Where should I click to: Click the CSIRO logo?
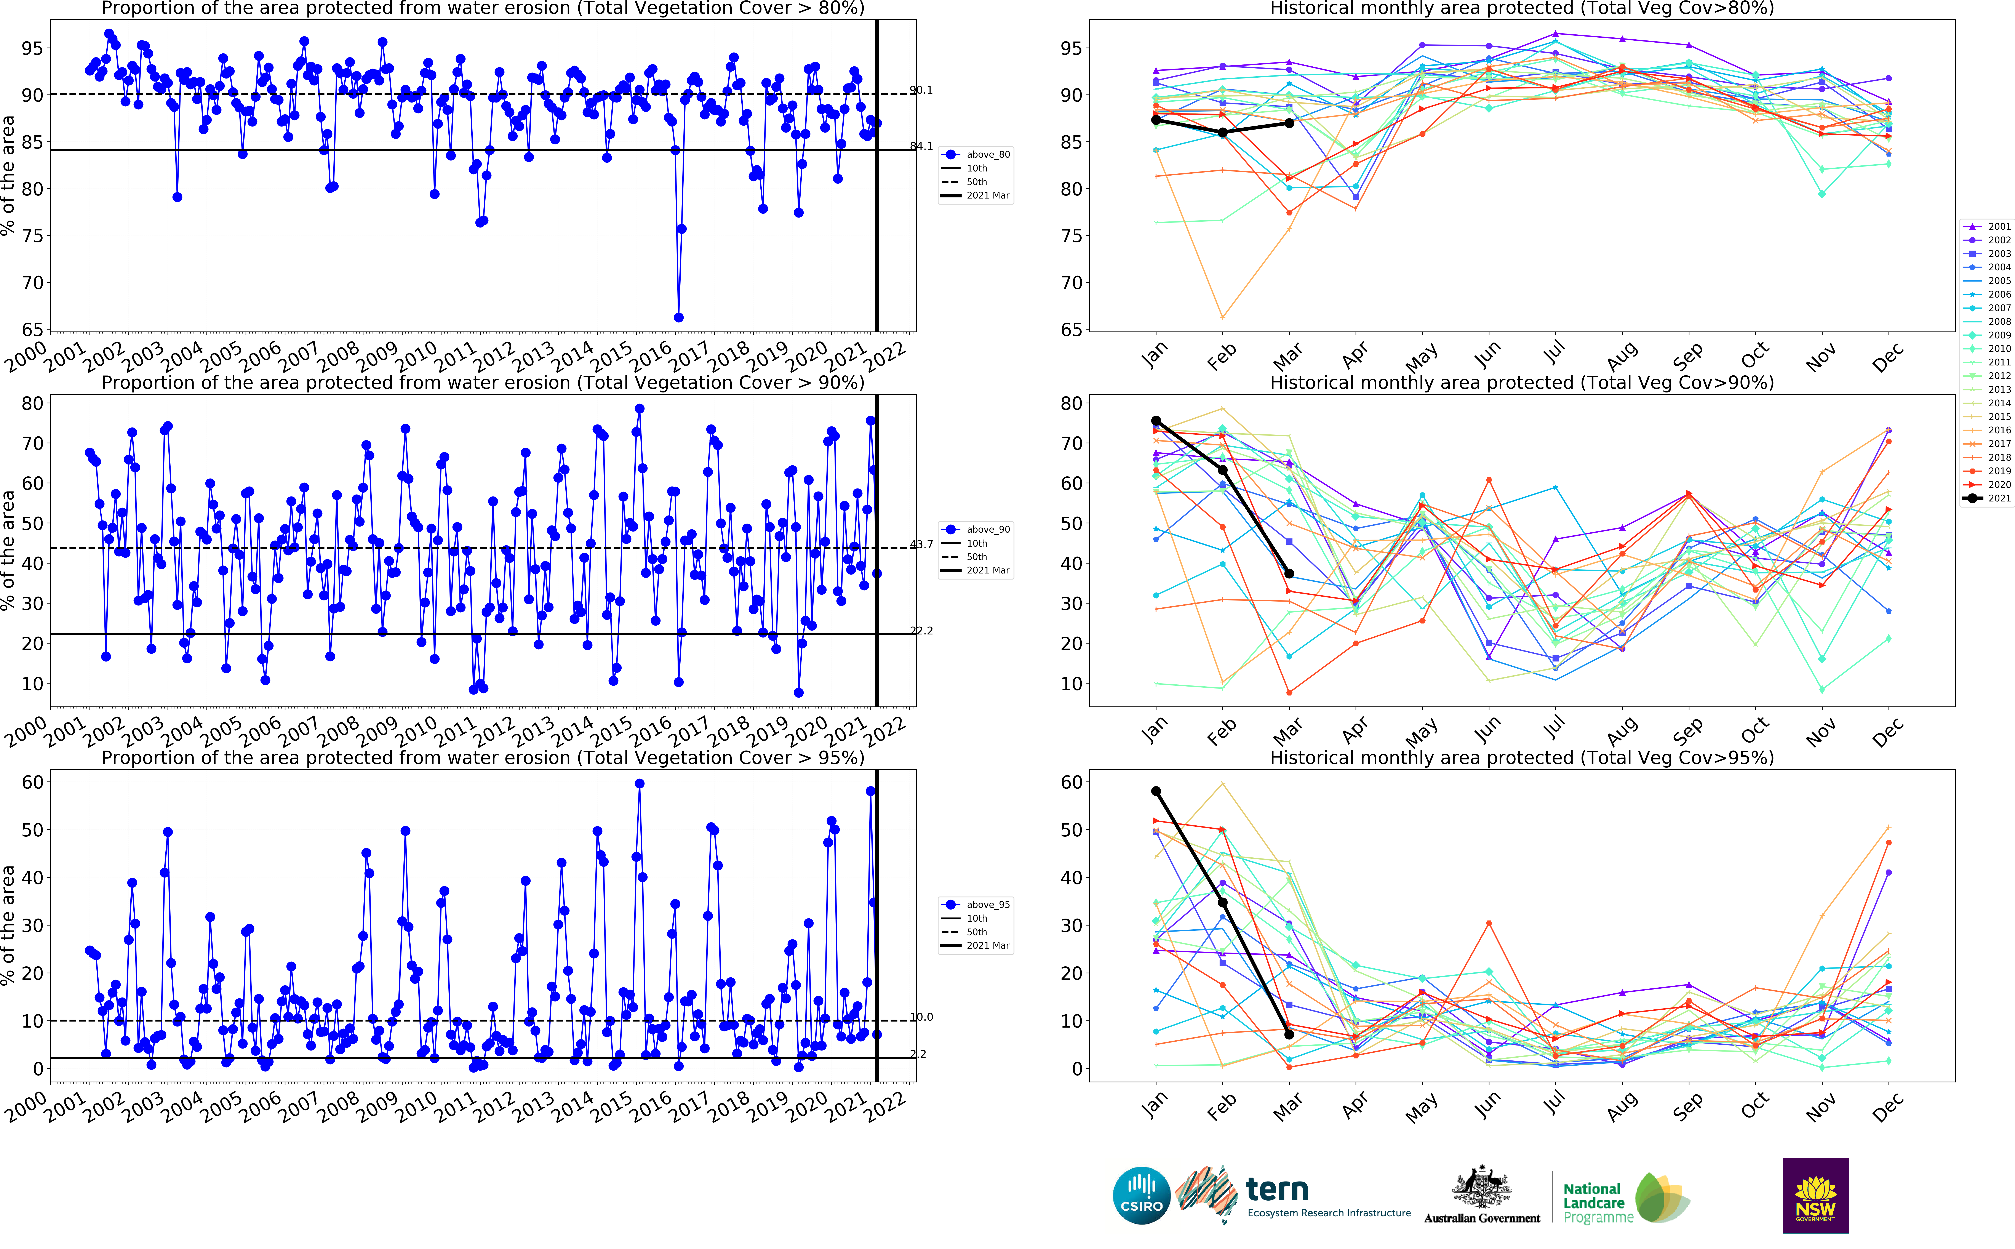[x=1141, y=1195]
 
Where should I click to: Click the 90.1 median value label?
[x=921, y=90]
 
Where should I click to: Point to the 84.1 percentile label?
[x=921, y=146]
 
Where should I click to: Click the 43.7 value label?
[x=921, y=544]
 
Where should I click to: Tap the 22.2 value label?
[x=921, y=630]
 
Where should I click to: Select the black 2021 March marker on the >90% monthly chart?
[x=1289, y=573]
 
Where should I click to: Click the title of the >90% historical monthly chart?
[x=1521, y=383]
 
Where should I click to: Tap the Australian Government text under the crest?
[x=1481, y=1218]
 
